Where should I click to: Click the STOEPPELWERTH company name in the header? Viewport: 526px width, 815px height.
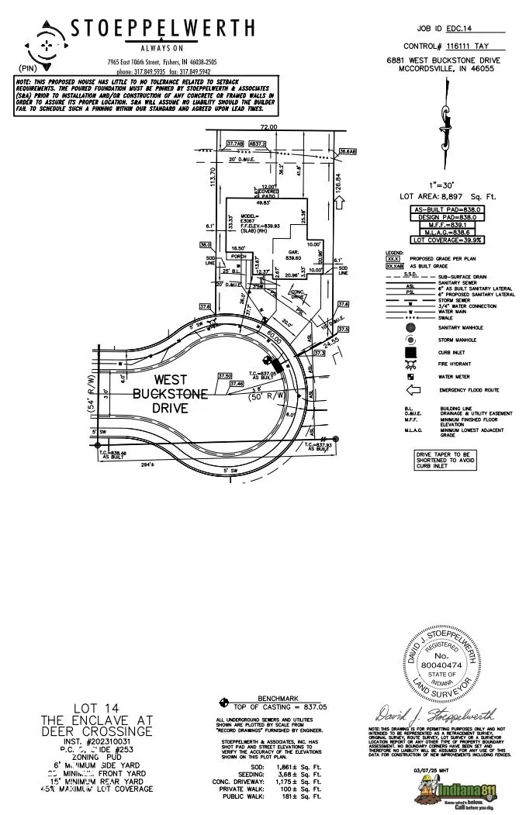pyautogui.click(x=162, y=29)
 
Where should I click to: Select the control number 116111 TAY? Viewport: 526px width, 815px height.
pyautogui.click(x=472, y=47)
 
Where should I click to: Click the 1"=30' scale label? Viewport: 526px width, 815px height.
pyautogui.click(x=445, y=186)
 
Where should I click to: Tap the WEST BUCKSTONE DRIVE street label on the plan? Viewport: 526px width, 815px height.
pyautogui.click(x=170, y=393)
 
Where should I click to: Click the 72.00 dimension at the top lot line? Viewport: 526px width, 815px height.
pyautogui.click(x=268, y=127)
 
